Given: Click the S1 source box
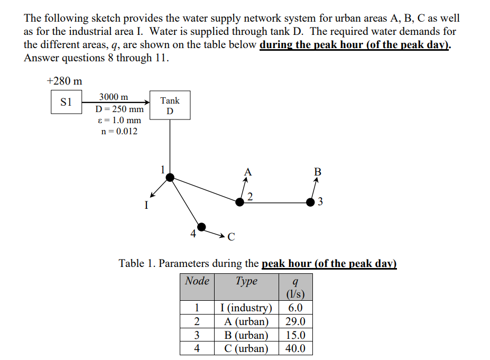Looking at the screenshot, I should coord(66,102).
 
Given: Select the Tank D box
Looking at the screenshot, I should coord(170,105).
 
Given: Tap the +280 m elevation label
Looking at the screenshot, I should coord(64,81).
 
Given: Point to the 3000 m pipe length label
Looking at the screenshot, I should coord(113,97).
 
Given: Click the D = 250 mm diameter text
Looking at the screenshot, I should coord(119,109).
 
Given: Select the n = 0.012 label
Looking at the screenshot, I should coord(119,132).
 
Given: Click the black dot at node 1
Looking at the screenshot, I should coord(170,178).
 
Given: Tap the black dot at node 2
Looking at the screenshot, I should coord(240,201).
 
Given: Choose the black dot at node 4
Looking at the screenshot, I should coord(201,227).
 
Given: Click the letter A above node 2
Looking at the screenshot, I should coord(247,172).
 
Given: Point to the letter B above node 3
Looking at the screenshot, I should coord(317,172).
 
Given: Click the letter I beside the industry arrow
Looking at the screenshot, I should coord(145,204).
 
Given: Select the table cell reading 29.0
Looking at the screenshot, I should coord(295,322).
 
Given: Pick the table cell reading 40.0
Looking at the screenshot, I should coord(295,348).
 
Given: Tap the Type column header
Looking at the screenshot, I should coord(246,281).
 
